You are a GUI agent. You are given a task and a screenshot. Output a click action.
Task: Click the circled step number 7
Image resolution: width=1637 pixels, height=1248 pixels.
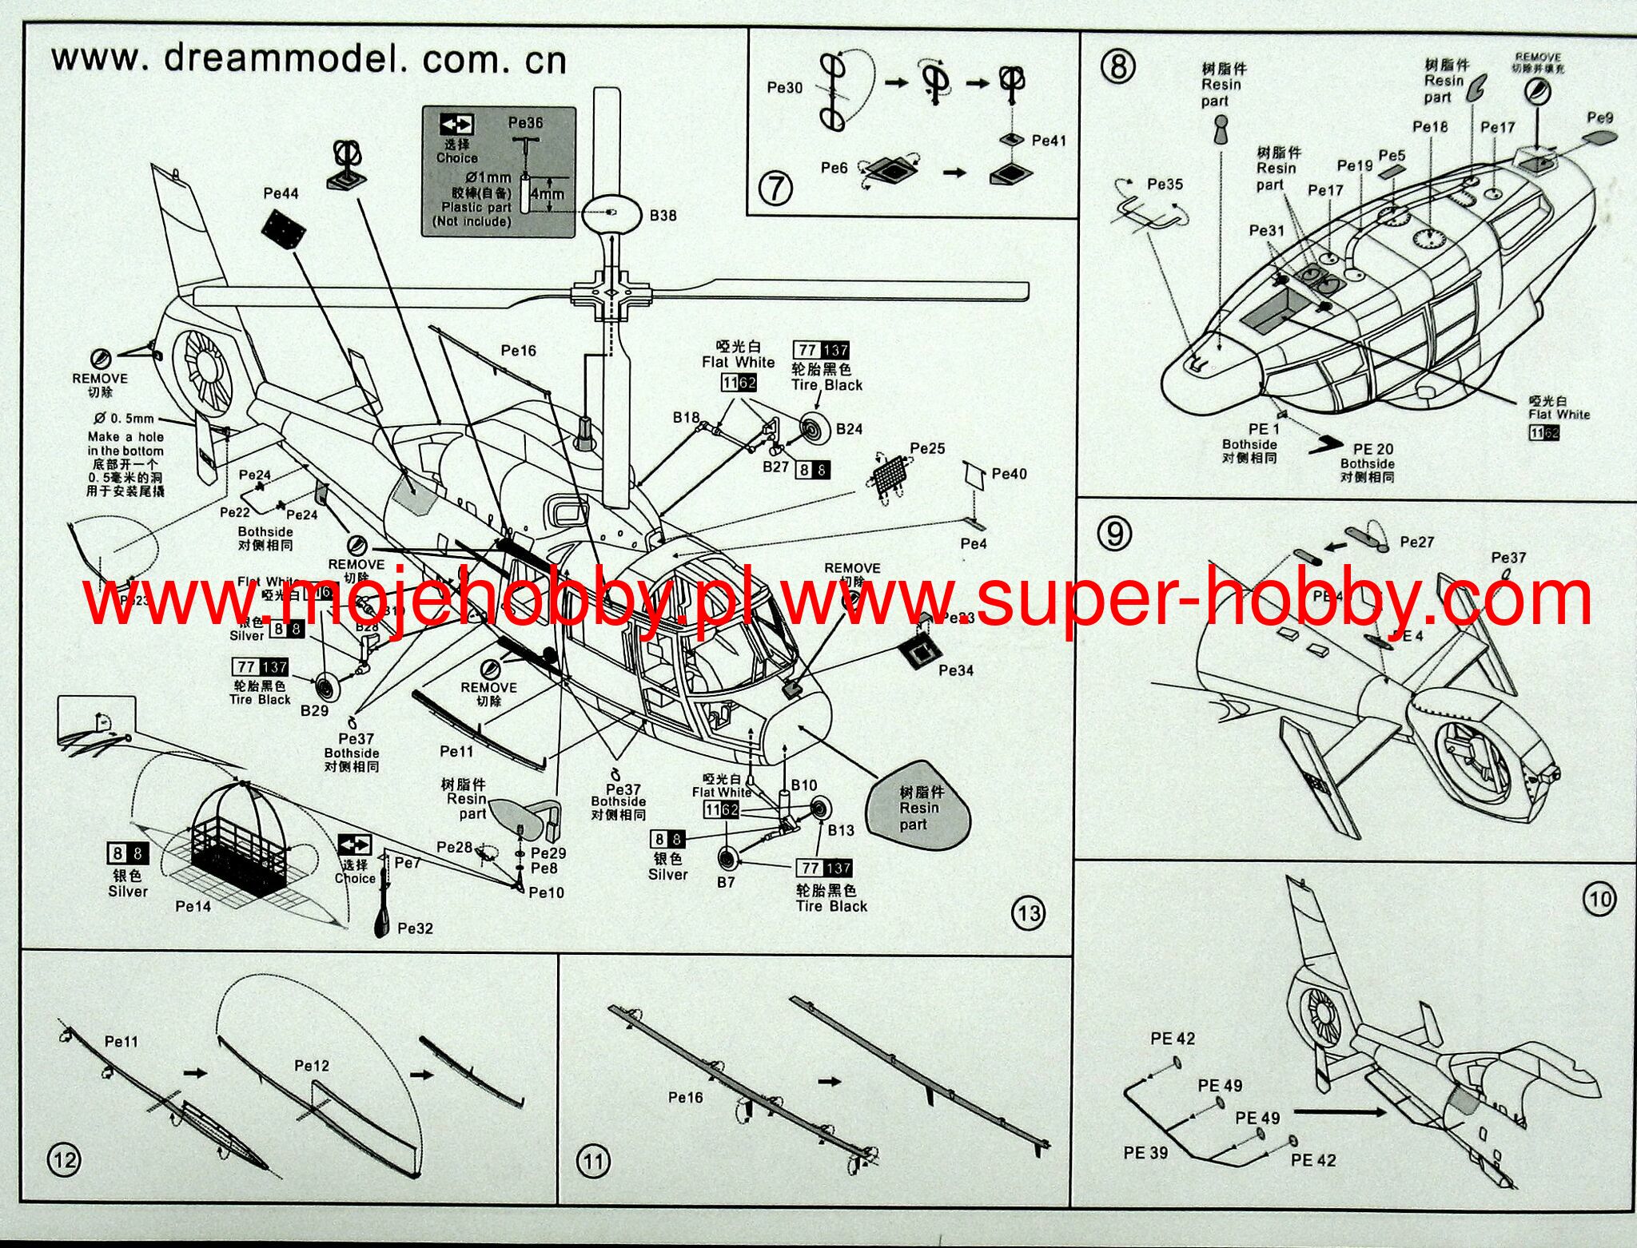point(775,189)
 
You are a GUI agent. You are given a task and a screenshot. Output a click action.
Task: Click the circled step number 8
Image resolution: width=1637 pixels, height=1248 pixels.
point(1117,66)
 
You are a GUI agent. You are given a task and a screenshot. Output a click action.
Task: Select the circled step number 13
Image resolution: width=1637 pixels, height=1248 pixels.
point(1028,912)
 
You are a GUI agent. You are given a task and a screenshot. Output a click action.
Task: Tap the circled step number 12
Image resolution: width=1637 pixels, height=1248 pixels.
point(65,1159)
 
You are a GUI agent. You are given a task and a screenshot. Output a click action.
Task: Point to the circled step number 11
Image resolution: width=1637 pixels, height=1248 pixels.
point(592,1160)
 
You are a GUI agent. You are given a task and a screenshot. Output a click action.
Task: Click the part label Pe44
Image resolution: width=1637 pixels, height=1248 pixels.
point(281,193)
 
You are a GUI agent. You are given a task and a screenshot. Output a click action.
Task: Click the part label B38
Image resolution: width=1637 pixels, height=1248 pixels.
point(663,216)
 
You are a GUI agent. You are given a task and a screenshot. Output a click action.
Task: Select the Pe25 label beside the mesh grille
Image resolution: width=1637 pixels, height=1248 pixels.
point(927,448)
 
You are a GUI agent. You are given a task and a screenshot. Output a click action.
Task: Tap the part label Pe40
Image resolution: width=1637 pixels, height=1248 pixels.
point(1009,474)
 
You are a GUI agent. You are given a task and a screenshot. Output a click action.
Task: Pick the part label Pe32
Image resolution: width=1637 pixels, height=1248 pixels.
point(415,928)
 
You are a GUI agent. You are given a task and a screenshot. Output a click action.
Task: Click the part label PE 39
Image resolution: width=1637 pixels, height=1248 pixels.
point(1145,1152)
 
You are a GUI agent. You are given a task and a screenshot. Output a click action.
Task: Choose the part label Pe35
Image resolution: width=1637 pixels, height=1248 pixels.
point(1165,185)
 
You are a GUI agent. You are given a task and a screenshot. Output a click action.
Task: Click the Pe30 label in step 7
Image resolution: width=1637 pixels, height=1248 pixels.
point(784,88)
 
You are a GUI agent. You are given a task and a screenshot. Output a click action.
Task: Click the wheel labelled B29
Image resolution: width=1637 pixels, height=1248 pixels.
point(326,686)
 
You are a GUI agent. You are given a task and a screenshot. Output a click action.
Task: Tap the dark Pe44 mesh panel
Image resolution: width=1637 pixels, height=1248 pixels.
point(283,229)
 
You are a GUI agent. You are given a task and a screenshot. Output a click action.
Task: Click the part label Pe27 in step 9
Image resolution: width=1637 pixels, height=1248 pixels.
point(1416,543)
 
